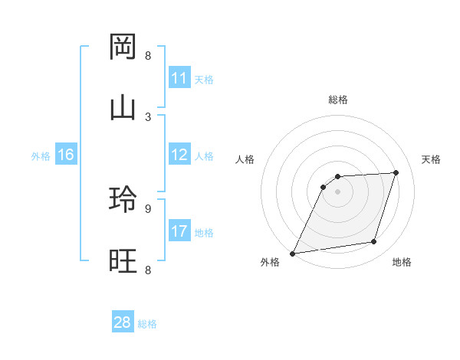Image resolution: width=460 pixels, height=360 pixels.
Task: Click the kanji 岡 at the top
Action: click(x=123, y=47)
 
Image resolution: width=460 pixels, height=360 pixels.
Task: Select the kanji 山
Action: click(x=123, y=108)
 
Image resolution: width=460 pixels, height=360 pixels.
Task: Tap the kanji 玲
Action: click(x=123, y=200)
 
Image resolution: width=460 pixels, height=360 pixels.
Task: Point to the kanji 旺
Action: click(x=123, y=260)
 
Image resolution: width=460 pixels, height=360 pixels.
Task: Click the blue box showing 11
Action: click(x=179, y=78)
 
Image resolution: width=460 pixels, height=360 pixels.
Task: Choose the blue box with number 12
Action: click(x=179, y=155)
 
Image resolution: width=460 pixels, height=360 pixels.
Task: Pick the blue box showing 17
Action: click(x=179, y=231)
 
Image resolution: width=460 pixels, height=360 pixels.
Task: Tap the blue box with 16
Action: click(x=65, y=155)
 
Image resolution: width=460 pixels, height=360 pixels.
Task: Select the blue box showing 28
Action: click(x=123, y=322)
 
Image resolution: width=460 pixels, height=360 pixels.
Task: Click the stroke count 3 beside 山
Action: click(x=148, y=116)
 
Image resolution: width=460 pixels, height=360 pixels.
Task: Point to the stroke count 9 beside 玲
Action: click(x=148, y=208)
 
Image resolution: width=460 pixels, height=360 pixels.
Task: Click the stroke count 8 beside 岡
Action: click(x=148, y=56)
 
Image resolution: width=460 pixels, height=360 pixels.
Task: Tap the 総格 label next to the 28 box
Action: click(x=147, y=324)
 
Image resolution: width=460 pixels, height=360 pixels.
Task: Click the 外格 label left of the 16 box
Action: click(x=41, y=156)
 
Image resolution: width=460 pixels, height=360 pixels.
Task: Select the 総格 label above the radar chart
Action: click(x=338, y=100)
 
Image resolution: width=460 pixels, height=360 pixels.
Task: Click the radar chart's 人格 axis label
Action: click(x=245, y=159)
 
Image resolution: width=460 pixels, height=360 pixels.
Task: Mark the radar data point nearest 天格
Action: click(x=396, y=172)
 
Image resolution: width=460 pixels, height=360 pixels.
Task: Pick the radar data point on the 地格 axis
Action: click(x=374, y=242)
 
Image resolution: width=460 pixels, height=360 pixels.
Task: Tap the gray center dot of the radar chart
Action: click(x=338, y=191)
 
